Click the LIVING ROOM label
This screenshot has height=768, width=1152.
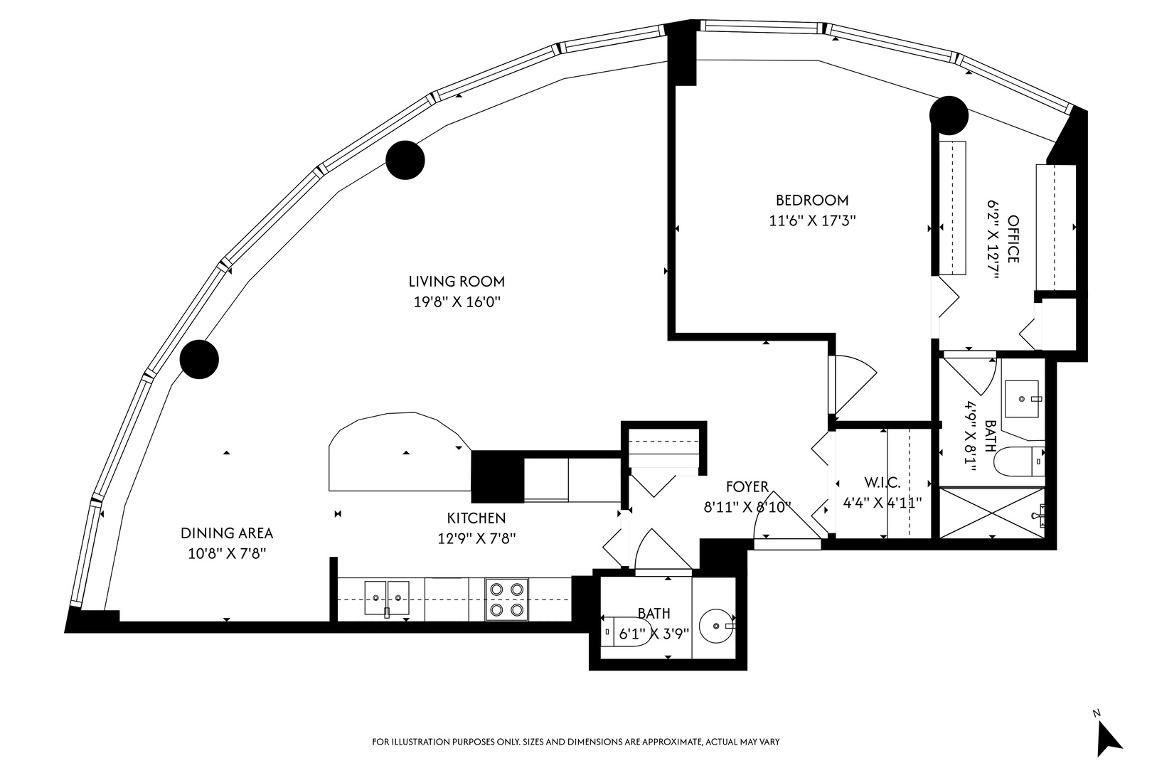point(457,281)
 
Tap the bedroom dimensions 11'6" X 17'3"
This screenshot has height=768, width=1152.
point(811,221)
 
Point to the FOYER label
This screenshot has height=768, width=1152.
point(747,487)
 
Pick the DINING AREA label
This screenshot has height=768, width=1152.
point(226,533)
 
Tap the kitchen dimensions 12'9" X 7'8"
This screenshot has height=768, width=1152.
point(476,539)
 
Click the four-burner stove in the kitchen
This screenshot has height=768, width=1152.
point(506,599)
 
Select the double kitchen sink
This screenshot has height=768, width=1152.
point(387,598)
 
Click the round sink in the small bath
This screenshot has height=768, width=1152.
point(716,626)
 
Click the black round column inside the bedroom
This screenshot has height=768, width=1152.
point(949,114)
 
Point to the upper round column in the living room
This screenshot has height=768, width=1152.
point(405,159)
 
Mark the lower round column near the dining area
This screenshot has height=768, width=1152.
point(199,360)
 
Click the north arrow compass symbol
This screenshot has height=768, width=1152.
point(1106,737)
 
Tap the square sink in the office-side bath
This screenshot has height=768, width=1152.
point(1023,399)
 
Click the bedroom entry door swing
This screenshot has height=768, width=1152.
point(853,384)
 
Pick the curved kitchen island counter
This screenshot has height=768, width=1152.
point(397,452)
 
